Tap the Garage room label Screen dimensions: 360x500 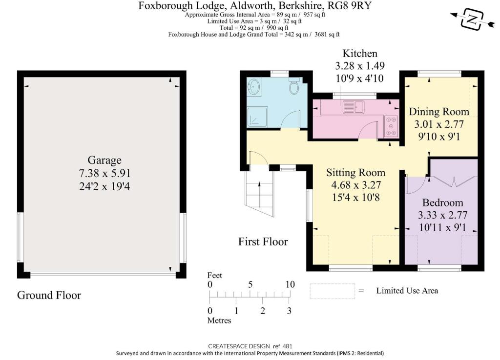point(104,160)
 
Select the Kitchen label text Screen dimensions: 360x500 point(359,53)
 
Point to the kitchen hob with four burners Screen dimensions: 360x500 point(392,125)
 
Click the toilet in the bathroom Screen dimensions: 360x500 point(294,86)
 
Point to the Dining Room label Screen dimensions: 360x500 point(438,111)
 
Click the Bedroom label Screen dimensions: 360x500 point(442,202)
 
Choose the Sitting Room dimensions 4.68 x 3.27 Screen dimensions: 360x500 point(355,185)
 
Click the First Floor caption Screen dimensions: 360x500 point(263,241)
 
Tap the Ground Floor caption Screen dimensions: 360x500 point(49,295)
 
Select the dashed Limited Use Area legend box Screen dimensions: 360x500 point(332,291)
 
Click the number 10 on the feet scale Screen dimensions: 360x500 point(290,284)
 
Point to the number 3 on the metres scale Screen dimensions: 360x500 point(290,311)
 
